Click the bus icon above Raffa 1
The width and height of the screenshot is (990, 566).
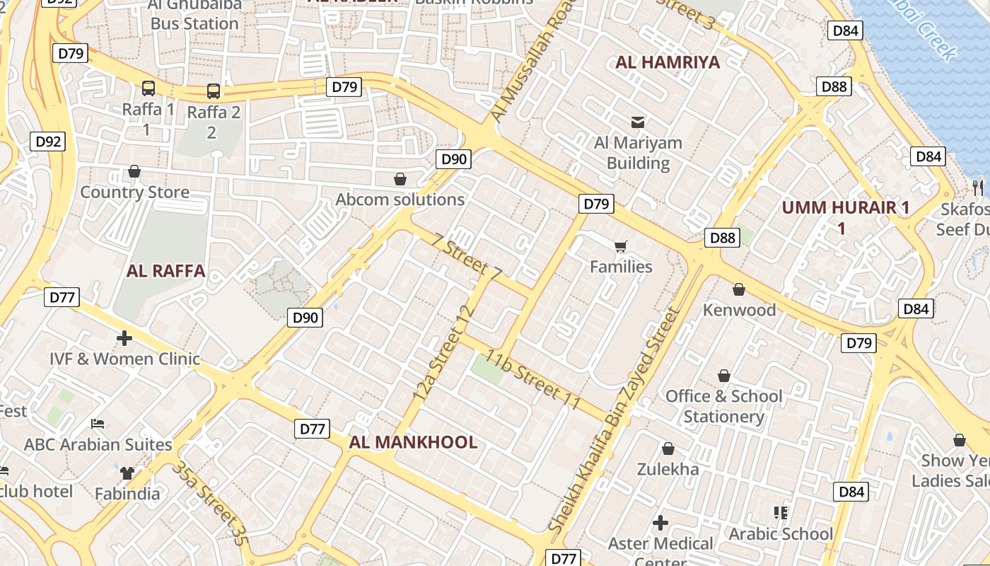pos(148,88)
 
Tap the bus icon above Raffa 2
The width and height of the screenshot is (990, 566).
pos(213,91)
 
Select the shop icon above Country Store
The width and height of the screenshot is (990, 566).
pos(134,171)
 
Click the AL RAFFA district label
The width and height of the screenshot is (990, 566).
pos(165,271)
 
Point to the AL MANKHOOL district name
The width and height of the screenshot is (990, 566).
pos(413,443)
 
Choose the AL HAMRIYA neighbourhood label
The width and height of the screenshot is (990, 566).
pos(668,62)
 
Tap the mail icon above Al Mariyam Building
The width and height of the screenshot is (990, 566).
pos(638,122)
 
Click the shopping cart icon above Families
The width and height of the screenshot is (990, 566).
pos(621,246)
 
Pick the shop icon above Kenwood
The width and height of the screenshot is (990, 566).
pos(739,289)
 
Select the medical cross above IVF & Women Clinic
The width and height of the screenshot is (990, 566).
pos(124,338)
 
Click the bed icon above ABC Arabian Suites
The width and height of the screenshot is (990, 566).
pos(98,424)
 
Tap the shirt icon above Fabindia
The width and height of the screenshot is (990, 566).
pos(127,473)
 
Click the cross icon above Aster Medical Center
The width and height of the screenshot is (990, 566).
pos(660,523)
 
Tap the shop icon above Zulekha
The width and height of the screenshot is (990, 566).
pos(668,449)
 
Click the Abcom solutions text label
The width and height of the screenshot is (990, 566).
pos(400,200)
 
